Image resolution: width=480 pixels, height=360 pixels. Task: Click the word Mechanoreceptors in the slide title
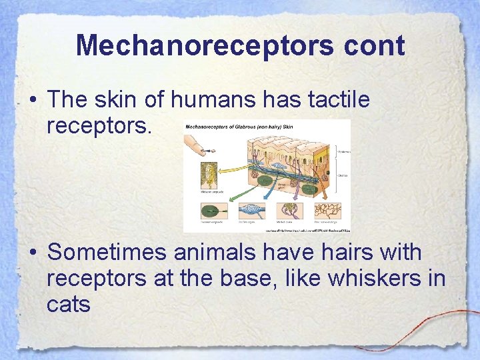click(201, 46)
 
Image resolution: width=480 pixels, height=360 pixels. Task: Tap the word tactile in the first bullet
click(339, 100)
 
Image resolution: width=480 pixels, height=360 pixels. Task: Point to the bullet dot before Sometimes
click(32, 254)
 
